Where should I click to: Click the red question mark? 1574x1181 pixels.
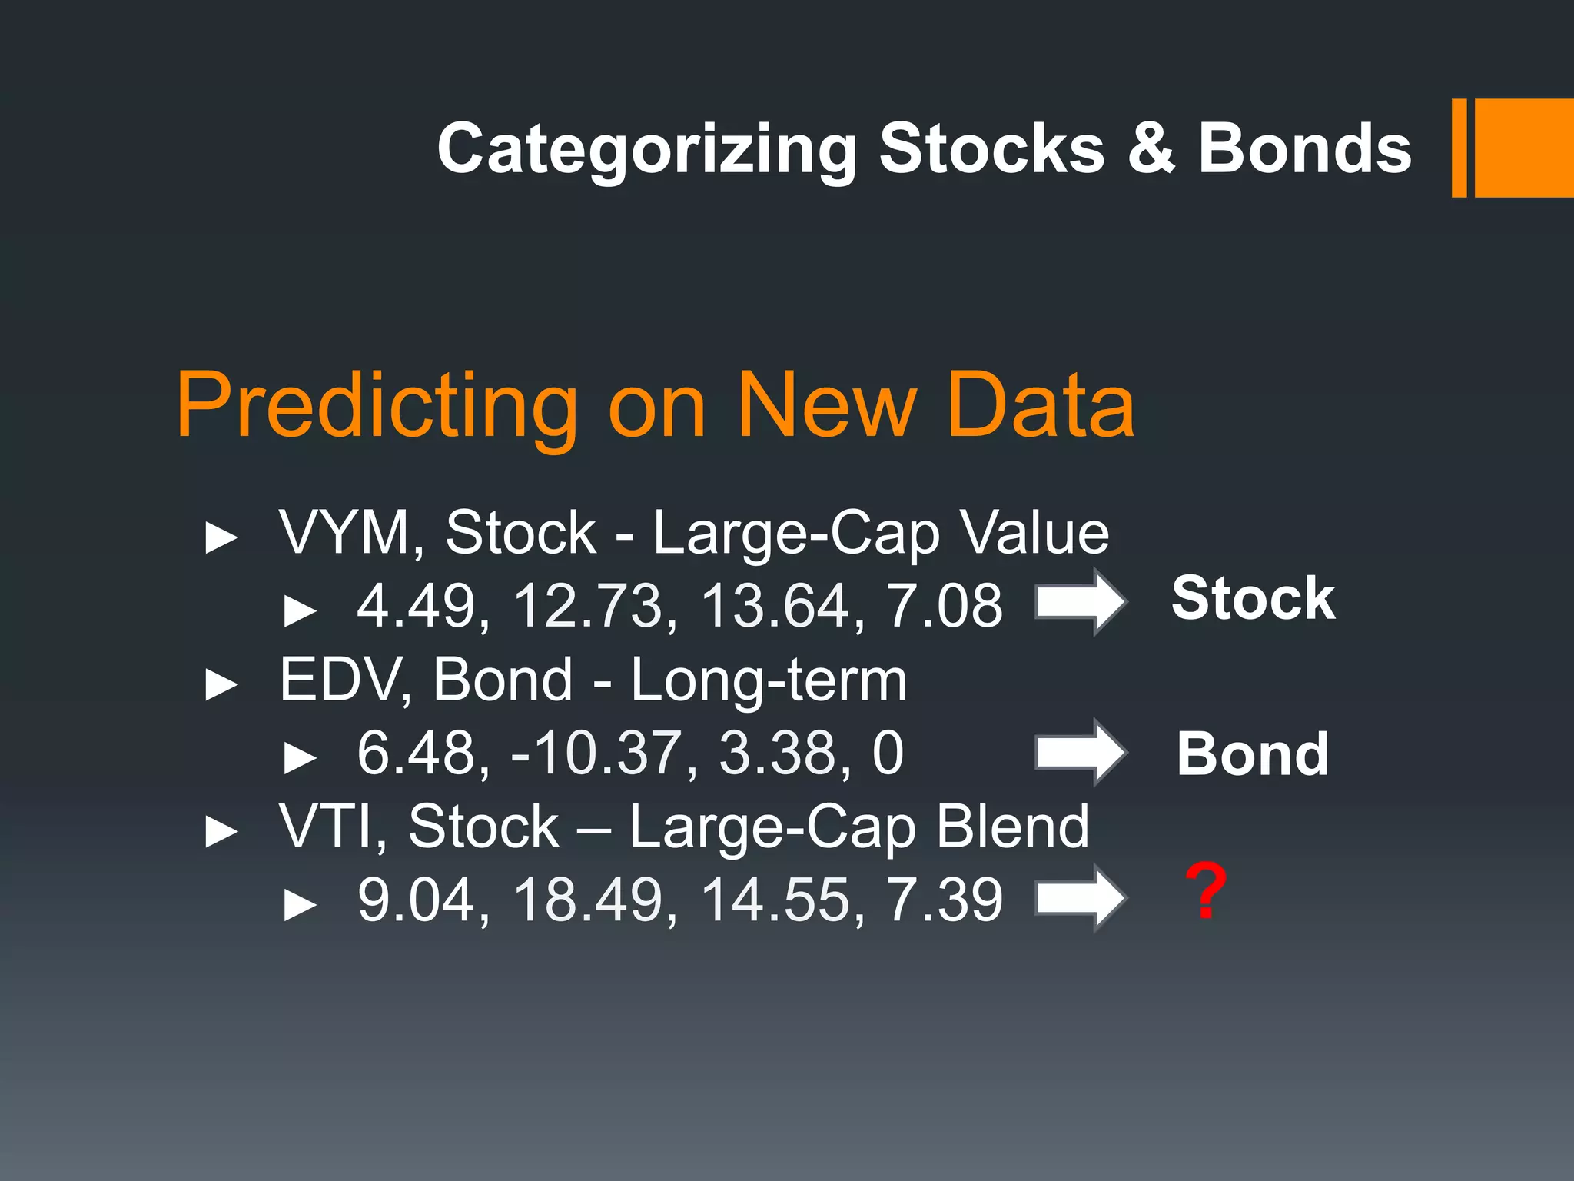(1205, 892)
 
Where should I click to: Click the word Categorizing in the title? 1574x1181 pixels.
(646, 150)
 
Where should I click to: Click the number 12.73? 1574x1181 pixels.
(588, 606)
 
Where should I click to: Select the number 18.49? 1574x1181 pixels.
(588, 900)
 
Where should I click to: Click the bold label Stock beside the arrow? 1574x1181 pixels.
(1254, 598)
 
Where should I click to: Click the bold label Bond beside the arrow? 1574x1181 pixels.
(1253, 754)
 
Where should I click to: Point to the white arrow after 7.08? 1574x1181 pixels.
(1081, 602)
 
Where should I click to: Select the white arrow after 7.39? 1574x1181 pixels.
(1081, 898)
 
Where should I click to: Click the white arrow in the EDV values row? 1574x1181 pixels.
(1081, 752)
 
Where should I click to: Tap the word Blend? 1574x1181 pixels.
(1012, 827)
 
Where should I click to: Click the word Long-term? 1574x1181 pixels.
(769, 680)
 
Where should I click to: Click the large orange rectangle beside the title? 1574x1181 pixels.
(1523, 148)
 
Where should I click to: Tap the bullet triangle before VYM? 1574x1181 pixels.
(221, 537)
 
